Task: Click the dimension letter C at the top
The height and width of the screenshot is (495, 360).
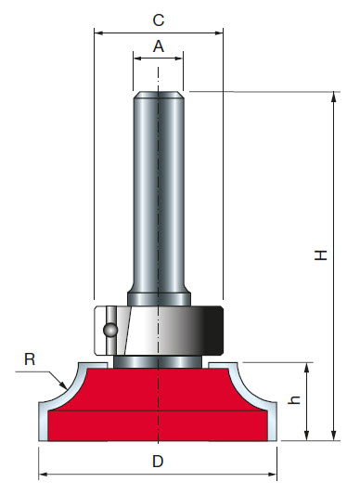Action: pyautogui.click(x=159, y=20)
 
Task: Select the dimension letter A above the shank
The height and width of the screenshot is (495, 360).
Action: pyautogui.click(x=159, y=46)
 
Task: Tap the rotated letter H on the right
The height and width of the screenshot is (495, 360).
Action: pyautogui.click(x=320, y=255)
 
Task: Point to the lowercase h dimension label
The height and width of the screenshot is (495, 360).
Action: pyautogui.click(x=294, y=400)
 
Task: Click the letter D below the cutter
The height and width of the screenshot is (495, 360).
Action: pyautogui.click(x=158, y=462)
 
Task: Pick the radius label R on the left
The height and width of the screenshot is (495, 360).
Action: pyautogui.click(x=30, y=359)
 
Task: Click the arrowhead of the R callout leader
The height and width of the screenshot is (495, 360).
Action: pyautogui.click(x=63, y=385)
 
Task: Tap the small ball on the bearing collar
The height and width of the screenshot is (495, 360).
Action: pyautogui.click(x=110, y=330)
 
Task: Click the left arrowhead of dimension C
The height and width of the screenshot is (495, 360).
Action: pyautogui.click(x=98, y=33)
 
